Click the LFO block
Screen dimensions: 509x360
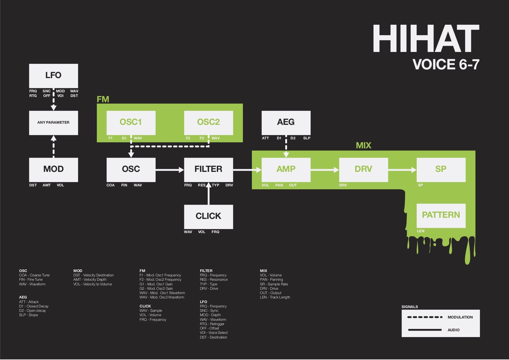coord(53,76)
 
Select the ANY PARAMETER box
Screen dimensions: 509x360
coord(53,123)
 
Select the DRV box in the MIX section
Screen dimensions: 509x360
coord(363,170)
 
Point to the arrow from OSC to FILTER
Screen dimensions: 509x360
coord(170,170)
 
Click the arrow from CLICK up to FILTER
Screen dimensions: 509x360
coord(208,193)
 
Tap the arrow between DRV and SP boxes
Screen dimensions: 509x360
coord(402,170)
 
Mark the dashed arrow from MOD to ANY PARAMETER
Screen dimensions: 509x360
coord(53,146)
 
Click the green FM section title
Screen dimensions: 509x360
coord(103,99)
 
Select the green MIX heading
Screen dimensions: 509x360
coord(364,145)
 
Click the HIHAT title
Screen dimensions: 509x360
coord(426,38)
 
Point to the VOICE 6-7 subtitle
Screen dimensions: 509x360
coord(446,64)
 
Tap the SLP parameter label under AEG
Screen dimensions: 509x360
coord(307,138)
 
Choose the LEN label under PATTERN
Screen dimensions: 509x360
coord(420,231)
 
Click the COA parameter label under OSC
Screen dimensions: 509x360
coord(111,185)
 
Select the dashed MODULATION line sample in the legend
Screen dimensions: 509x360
coord(425,317)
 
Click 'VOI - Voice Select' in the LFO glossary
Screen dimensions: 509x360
coord(214,333)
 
